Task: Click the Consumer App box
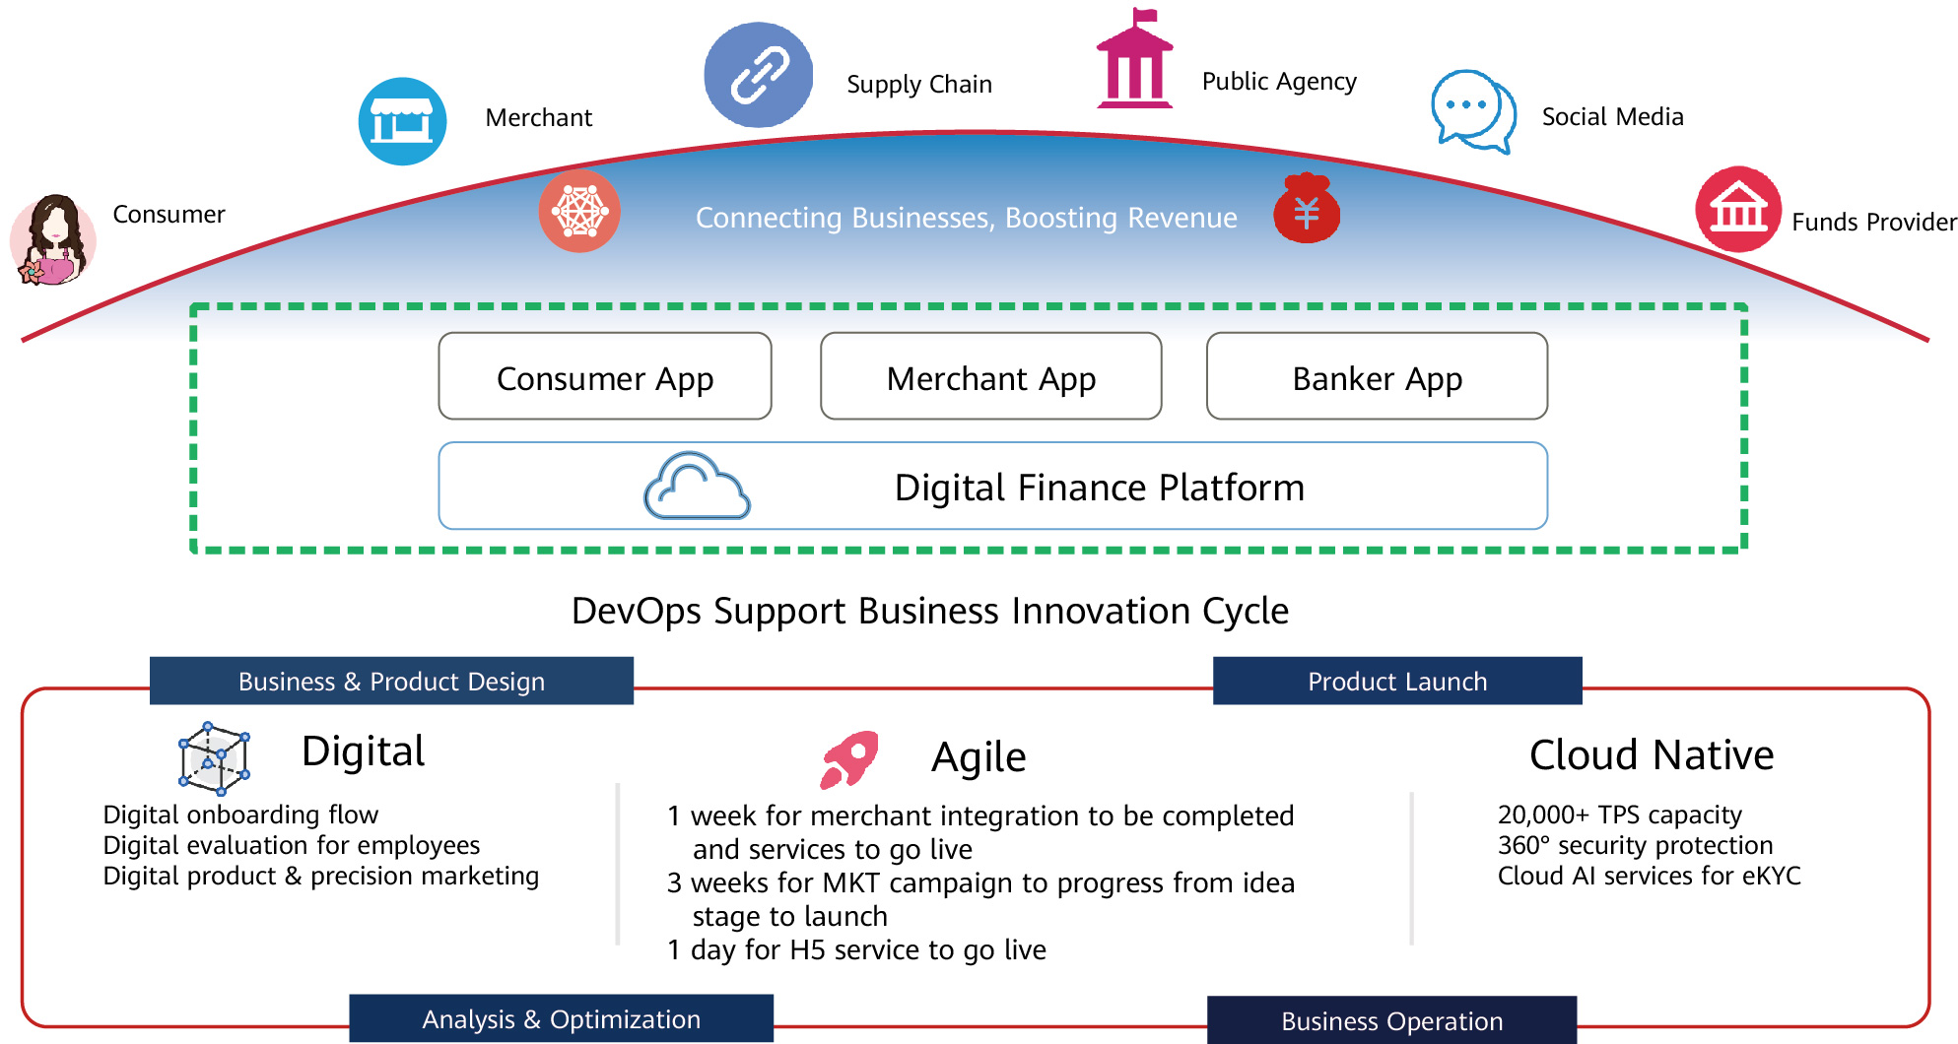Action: pyautogui.click(x=604, y=377)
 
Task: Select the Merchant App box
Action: pyautogui.click(x=990, y=377)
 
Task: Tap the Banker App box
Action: pyautogui.click(x=1377, y=377)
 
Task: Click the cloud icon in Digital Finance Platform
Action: pyautogui.click(x=697, y=487)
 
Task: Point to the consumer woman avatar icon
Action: pyautogui.click(x=53, y=239)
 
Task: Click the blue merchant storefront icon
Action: pyautogui.click(x=402, y=121)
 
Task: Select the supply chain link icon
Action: pyautogui.click(x=758, y=76)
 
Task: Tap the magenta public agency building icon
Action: pyautogui.click(x=1134, y=61)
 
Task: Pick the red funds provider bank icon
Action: pyautogui.click(x=1737, y=209)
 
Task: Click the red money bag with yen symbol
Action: pyautogui.click(x=1307, y=209)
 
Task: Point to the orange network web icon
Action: pyautogui.click(x=579, y=211)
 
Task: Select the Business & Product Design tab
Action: pyautogui.click(x=391, y=682)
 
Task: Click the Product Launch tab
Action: pyautogui.click(x=1396, y=682)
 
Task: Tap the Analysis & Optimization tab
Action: pyautogui.click(x=561, y=1019)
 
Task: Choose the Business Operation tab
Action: pyautogui.click(x=1391, y=1021)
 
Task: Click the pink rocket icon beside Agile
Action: pyautogui.click(x=848, y=758)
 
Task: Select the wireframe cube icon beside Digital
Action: pyautogui.click(x=214, y=758)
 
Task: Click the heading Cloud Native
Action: pyautogui.click(x=1651, y=755)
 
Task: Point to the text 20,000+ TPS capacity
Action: pyautogui.click(x=1619, y=815)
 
